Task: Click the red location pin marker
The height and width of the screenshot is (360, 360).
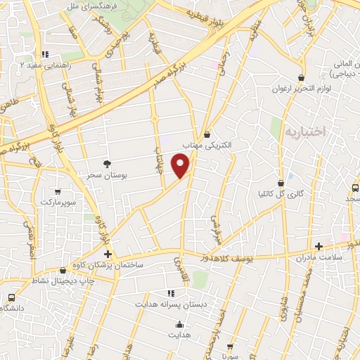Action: (181, 167)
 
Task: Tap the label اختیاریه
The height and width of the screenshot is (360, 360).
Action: (304, 131)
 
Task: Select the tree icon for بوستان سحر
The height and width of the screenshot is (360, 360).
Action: (107, 163)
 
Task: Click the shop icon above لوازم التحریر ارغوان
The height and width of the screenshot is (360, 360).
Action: (301, 78)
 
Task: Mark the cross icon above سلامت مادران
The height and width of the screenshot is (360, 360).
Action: (319, 246)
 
